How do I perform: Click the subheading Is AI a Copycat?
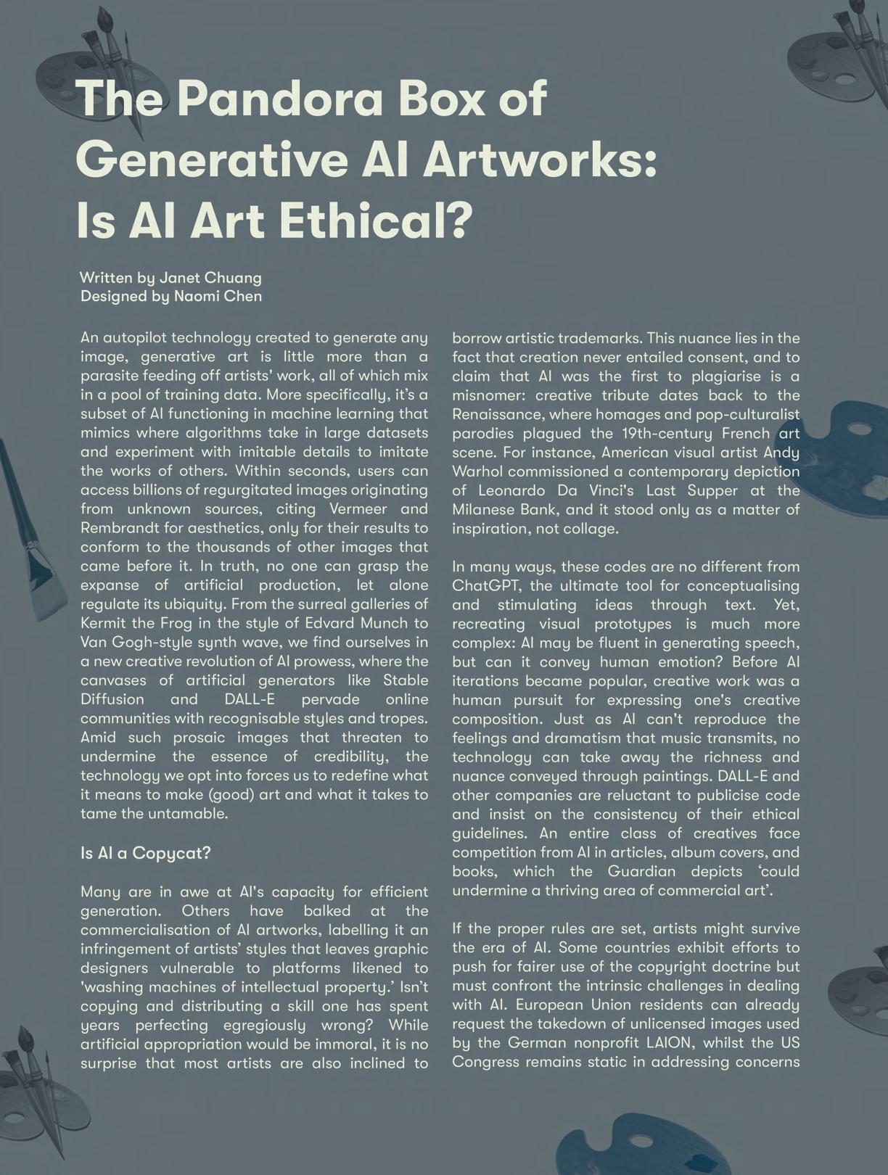pyautogui.click(x=146, y=853)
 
